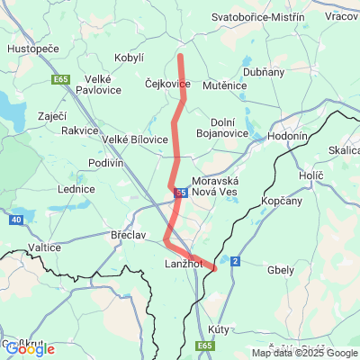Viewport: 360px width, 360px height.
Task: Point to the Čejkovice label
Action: pyautogui.click(x=167, y=84)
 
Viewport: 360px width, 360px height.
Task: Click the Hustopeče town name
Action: pyautogui.click(x=32, y=49)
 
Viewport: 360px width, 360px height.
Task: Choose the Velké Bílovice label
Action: pyautogui.click(x=135, y=139)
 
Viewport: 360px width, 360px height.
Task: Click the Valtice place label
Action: pyautogui.click(x=43, y=247)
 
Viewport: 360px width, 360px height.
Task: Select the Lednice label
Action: pyautogui.click(x=76, y=189)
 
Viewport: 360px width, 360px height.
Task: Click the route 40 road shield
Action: pyautogui.click(x=17, y=220)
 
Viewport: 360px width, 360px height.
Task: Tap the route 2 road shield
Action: pyautogui.click(x=235, y=261)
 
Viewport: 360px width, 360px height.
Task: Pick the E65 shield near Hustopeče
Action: pyautogui.click(x=61, y=79)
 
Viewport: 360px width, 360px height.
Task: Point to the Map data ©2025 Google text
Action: pyautogui.click(x=304, y=353)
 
